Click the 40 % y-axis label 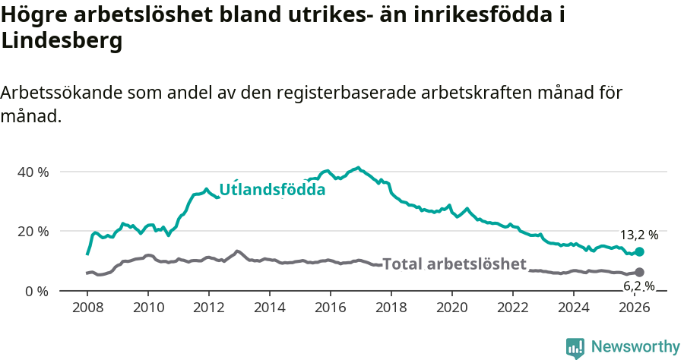pyautogui.click(x=33, y=172)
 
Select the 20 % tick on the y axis pyautogui.click(x=33, y=231)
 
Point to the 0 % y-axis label pyautogui.click(x=36, y=291)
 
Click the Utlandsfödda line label pyautogui.click(x=272, y=190)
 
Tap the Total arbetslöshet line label pyautogui.click(x=454, y=264)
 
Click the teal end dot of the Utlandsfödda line pyautogui.click(x=639, y=251)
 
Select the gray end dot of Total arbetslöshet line pyautogui.click(x=639, y=272)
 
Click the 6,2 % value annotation pyautogui.click(x=638, y=286)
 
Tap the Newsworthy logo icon pyautogui.click(x=575, y=347)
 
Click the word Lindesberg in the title pyautogui.click(x=62, y=42)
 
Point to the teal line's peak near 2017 pyautogui.click(x=358, y=168)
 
